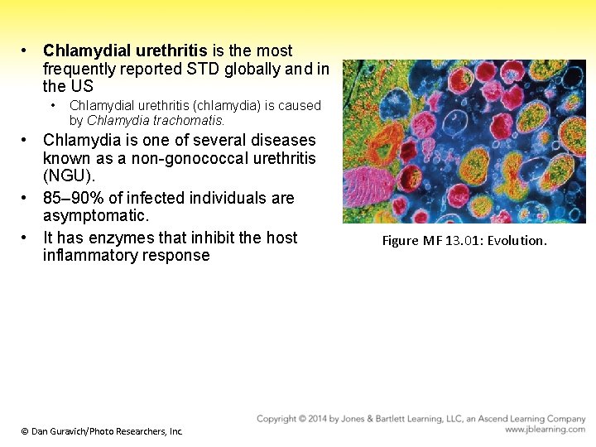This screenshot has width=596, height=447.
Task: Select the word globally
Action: (259, 69)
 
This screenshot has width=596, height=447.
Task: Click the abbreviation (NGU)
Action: (66, 175)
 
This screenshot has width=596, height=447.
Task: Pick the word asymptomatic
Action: (95, 215)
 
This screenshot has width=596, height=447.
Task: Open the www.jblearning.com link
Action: (545, 430)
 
